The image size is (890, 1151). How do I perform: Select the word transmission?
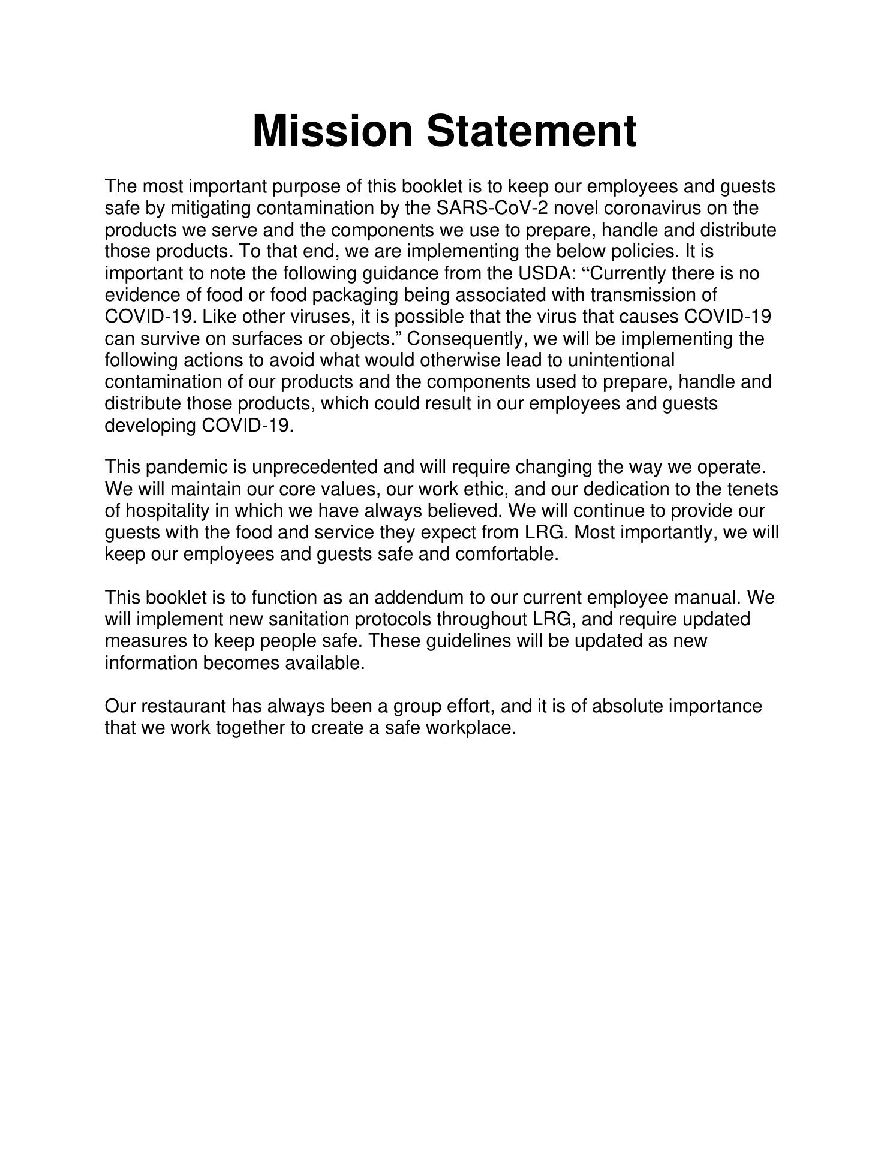639,295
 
